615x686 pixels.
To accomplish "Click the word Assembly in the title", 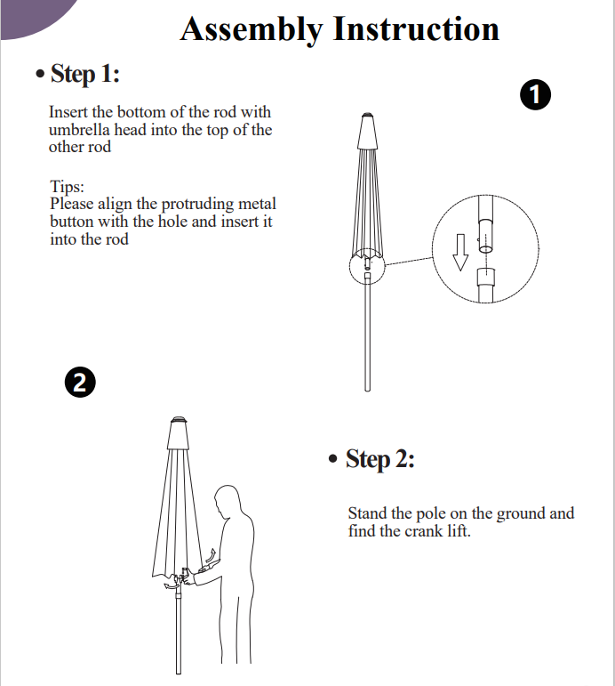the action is pyautogui.click(x=252, y=29).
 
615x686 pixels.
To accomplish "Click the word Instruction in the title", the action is pyautogui.click(x=416, y=28).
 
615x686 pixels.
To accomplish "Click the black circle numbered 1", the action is pyautogui.click(x=535, y=94).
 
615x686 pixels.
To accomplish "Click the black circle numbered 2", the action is pyautogui.click(x=80, y=383).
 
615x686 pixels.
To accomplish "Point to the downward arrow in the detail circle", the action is pyautogui.click(x=460, y=253).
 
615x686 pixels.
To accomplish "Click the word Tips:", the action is pyautogui.click(x=67, y=187).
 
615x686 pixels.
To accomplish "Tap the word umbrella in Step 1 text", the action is pyautogui.click(x=79, y=130).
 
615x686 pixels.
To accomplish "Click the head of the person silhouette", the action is pyautogui.click(x=228, y=500).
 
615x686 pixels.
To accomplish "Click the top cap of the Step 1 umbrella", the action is pyautogui.click(x=367, y=132).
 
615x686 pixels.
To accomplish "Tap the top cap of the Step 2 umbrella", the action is pyautogui.click(x=179, y=433).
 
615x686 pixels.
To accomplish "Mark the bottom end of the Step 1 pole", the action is pyautogui.click(x=368, y=390).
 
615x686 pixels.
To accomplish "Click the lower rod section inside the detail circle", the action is pyautogui.click(x=485, y=286).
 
